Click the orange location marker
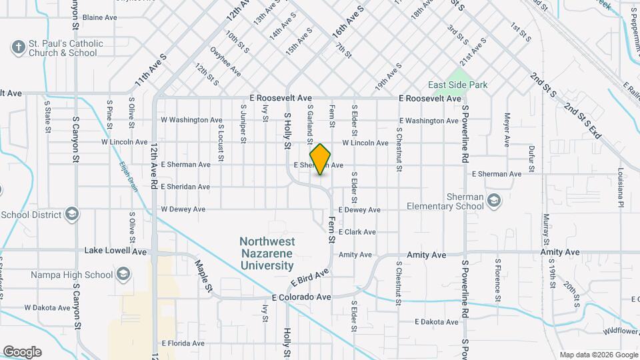tap(320, 159)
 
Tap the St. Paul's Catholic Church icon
tap(18, 47)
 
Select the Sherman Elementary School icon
tap(494, 199)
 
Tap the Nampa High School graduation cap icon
tap(123, 274)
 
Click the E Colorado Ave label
tap(301, 297)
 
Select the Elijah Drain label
tap(129, 177)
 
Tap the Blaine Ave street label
tap(100, 17)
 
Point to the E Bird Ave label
tap(310, 277)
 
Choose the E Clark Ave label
tap(357, 232)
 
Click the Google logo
tap(22, 351)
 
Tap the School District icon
tap(73, 215)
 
